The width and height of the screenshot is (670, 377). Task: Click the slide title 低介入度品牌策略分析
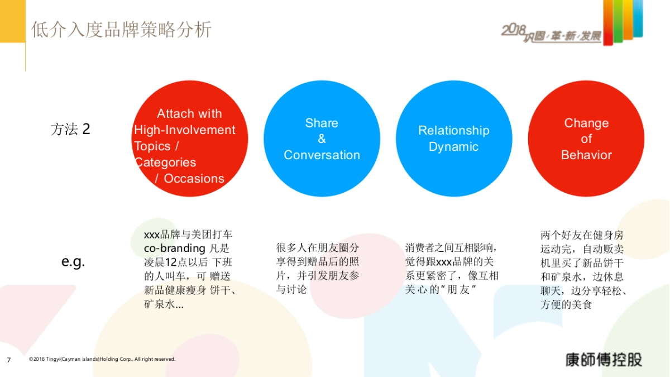[x=121, y=29]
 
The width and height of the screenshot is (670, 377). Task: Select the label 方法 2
[x=70, y=130]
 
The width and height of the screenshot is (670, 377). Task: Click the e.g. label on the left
[x=73, y=261]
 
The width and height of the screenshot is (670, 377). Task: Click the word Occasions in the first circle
[x=194, y=179]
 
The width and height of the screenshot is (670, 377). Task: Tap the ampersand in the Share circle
[x=322, y=139]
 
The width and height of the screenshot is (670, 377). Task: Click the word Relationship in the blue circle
[x=453, y=131]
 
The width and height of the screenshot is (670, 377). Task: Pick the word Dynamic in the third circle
[x=453, y=147]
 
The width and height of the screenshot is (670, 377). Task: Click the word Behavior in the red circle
[x=586, y=155]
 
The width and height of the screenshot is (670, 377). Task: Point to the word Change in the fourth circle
[x=586, y=123]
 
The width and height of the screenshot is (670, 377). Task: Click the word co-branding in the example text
[x=175, y=249]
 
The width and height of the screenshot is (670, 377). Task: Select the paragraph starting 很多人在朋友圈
[x=318, y=268]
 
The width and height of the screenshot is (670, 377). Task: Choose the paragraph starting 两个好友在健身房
[x=583, y=269]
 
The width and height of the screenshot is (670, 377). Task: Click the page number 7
[x=8, y=360]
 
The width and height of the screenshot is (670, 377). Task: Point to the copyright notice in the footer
[x=102, y=359]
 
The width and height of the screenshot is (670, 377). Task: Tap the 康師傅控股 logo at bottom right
[x=603, y=359]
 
